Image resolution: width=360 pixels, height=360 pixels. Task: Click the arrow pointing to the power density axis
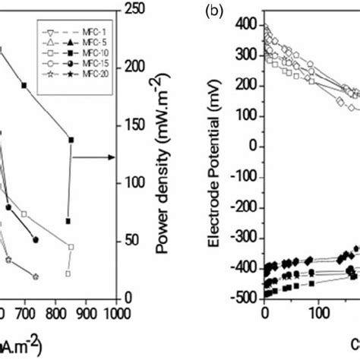(106, 157)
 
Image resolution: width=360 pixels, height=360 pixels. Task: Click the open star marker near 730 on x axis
(56, 276)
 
